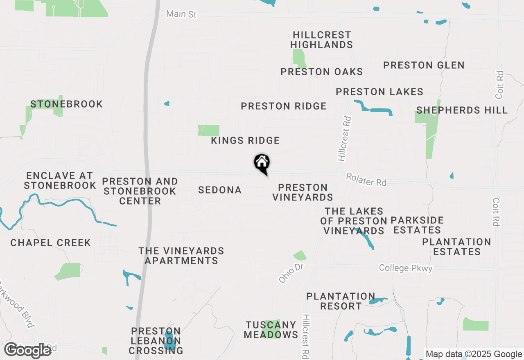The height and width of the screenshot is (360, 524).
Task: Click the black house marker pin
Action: [262, 164]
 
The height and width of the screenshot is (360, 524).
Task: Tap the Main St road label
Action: [181, 14]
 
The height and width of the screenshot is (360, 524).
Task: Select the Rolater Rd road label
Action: [366, 179]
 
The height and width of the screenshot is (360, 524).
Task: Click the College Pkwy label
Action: [405, 268]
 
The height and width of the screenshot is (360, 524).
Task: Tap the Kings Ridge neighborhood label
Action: [245, 141]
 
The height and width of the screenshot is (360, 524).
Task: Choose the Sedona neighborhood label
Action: [220, 190]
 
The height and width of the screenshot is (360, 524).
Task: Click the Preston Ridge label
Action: [283, 106]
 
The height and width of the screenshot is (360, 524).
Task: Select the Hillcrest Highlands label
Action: [322, 40]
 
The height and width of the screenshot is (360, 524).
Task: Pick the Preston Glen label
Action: [424, 65]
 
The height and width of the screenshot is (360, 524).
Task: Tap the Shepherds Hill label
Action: [462, 110]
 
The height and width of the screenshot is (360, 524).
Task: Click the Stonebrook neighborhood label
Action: [66, 104]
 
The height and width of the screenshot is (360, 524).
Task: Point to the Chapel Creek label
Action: [50, 243]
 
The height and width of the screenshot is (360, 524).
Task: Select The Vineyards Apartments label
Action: [181, 256]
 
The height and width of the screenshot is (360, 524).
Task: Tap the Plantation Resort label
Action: [341, 301]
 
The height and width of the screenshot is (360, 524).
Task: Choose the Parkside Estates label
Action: [417, 225]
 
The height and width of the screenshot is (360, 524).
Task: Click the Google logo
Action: [27, 350]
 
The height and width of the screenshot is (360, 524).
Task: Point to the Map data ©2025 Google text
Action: [474, 354]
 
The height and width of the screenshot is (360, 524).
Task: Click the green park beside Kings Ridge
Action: [209, 130]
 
